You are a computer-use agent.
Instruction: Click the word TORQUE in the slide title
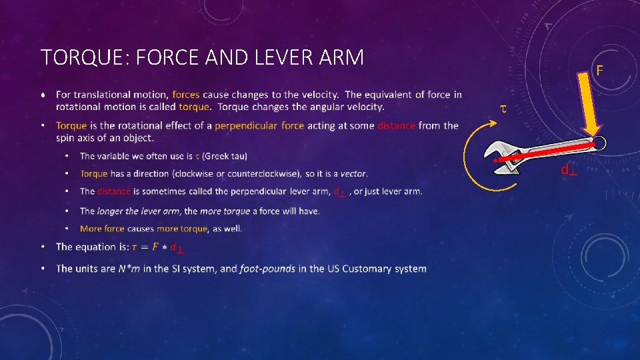click(x=74, y=57)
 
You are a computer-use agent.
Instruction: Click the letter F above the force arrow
click(x=599, y=70)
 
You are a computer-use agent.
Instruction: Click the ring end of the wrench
click(x=598, y=143)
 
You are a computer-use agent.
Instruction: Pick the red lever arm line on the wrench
click(x=547, y=153)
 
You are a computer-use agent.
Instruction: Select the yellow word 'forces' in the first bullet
click(x=185, y=95)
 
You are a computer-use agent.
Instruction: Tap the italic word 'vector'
click(x=353, y=173)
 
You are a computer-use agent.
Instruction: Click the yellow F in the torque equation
click(x=155, y=247)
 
